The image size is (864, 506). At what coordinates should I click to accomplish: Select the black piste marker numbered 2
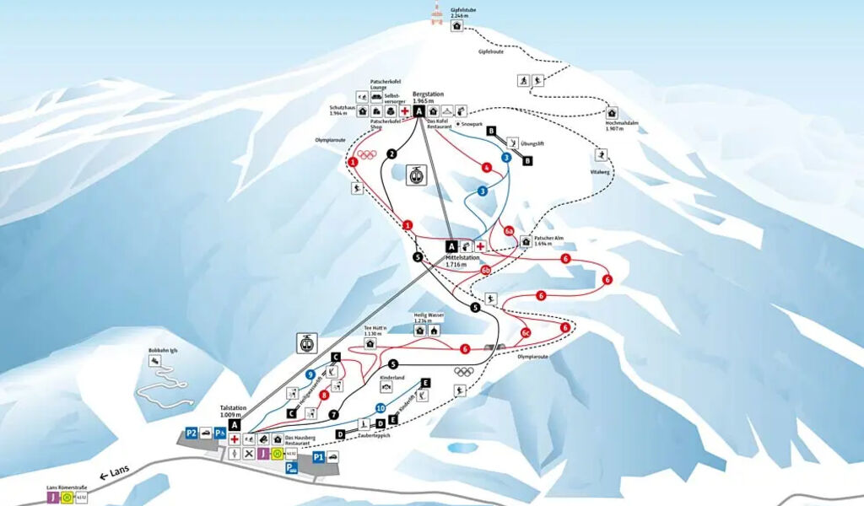391,153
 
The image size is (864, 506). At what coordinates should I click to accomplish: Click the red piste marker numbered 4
487,167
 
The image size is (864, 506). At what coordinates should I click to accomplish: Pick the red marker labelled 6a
509,230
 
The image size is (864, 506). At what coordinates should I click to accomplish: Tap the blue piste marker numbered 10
381,408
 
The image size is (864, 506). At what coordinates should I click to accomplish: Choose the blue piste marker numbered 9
310,374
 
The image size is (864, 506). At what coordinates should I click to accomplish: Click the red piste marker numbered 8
323,394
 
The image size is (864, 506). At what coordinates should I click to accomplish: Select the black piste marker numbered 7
333,414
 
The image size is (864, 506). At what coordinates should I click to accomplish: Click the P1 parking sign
318,456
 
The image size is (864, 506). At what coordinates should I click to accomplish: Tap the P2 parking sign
192,433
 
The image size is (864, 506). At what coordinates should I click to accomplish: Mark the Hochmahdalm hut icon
613,113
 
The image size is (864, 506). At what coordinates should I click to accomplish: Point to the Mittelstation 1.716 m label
462,261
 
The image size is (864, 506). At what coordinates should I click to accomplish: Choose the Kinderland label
393,377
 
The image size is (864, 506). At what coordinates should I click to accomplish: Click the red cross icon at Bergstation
405,110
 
